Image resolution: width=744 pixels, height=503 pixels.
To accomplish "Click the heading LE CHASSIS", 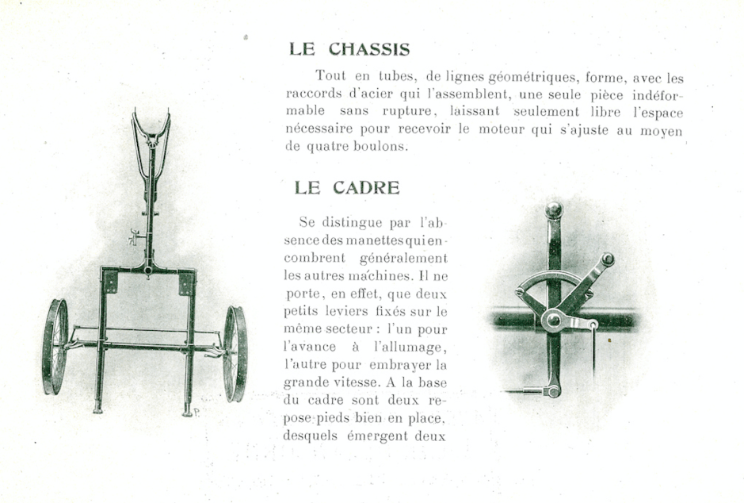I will (x=349, y=49).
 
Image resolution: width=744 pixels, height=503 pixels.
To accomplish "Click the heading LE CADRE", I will (x=347, y=188).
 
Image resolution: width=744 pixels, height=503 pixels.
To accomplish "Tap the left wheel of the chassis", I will (x=55, y=347).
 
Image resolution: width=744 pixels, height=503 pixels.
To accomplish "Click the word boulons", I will (x=383, y=146).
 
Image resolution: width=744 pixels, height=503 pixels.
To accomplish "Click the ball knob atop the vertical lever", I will (x=554, y=209).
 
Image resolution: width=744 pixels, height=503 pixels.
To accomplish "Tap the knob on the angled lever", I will (x=608, y=259).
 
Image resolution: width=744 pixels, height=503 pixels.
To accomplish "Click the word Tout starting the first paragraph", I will (x=330, y=77).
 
